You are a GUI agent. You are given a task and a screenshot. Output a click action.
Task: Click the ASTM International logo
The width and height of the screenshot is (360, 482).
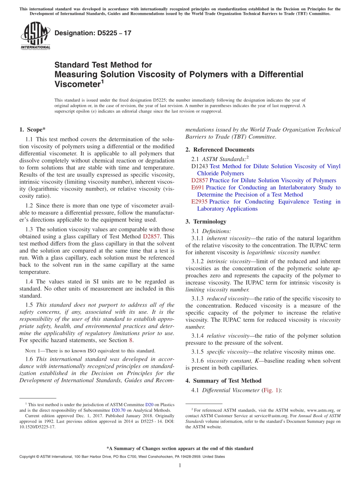pyautogui.click(x=35, y=36)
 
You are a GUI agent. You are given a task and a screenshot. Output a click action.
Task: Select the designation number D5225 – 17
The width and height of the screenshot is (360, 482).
pyautogui.click(x=93, y=33)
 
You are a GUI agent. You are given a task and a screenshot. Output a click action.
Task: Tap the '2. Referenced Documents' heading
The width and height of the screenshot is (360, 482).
pyautogui.click(x=220, y=150)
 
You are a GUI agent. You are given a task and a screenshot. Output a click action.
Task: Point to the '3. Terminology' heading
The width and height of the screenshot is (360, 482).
pyautogui.click(x=210, y=222)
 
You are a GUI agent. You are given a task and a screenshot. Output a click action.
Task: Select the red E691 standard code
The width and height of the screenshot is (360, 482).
pyautogui.click(x=198, y=188)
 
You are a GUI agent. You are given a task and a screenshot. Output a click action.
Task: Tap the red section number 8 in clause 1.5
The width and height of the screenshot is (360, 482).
pyautogui.click(x=131, y=340)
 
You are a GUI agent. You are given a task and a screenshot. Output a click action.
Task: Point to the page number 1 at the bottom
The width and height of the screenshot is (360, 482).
pyautogui.click(x=180, y=465)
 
